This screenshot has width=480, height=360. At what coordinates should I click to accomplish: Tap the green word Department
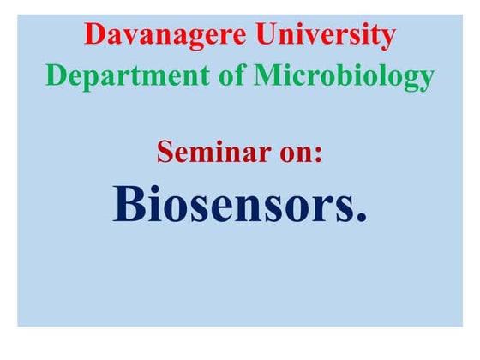[119, 77]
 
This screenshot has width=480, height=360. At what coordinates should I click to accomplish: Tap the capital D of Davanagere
[94, 36]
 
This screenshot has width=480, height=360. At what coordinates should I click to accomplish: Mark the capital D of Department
[55, 77]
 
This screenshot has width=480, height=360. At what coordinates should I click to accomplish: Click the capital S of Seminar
[165, 153]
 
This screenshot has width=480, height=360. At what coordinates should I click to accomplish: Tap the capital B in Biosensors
[129, 203]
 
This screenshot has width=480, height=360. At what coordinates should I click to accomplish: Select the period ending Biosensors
[361, 219]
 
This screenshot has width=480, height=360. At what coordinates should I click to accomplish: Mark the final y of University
[388, 39]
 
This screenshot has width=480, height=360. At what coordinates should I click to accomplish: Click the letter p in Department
[91, 80]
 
